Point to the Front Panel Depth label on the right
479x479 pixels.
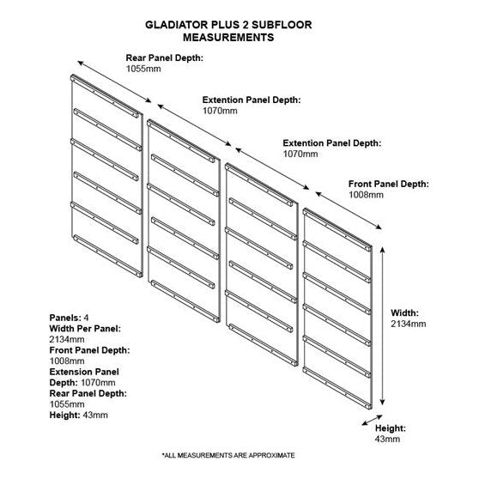(389, 184)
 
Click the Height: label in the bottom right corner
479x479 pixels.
(390, 427)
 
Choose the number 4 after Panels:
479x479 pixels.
(87, 318)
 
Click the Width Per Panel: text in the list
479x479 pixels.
(85, 328)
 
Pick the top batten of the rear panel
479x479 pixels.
(106, 96)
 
